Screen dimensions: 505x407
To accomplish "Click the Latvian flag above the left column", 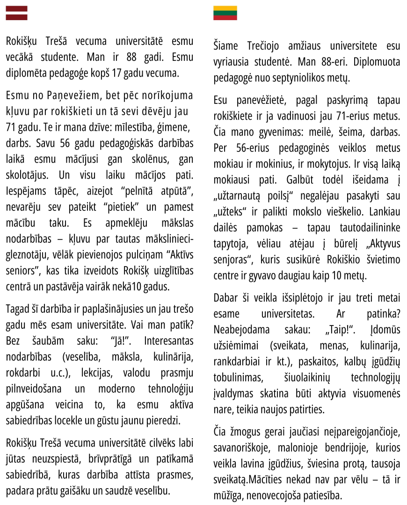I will [16, 13].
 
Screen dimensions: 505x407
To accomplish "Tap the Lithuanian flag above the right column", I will [225, 13].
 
